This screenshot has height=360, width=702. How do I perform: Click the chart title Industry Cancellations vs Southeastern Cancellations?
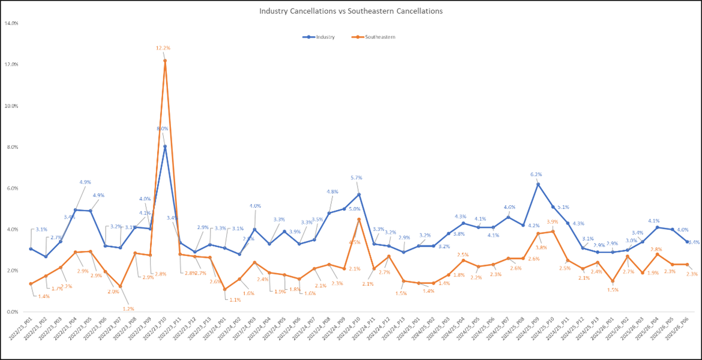(351, 11)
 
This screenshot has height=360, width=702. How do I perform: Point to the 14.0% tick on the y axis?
(11, 23)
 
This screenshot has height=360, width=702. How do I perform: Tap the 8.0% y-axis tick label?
(11, 147)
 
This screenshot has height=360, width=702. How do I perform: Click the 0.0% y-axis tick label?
(11, 312)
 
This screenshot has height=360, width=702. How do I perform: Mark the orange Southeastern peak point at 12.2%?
(165, 61)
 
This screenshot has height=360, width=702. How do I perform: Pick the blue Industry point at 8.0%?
(165, 147)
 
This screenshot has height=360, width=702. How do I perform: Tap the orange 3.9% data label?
(552, 222)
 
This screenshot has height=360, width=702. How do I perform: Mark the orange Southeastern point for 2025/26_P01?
(613, 281)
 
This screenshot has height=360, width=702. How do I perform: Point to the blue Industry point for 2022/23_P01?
(31, 248)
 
